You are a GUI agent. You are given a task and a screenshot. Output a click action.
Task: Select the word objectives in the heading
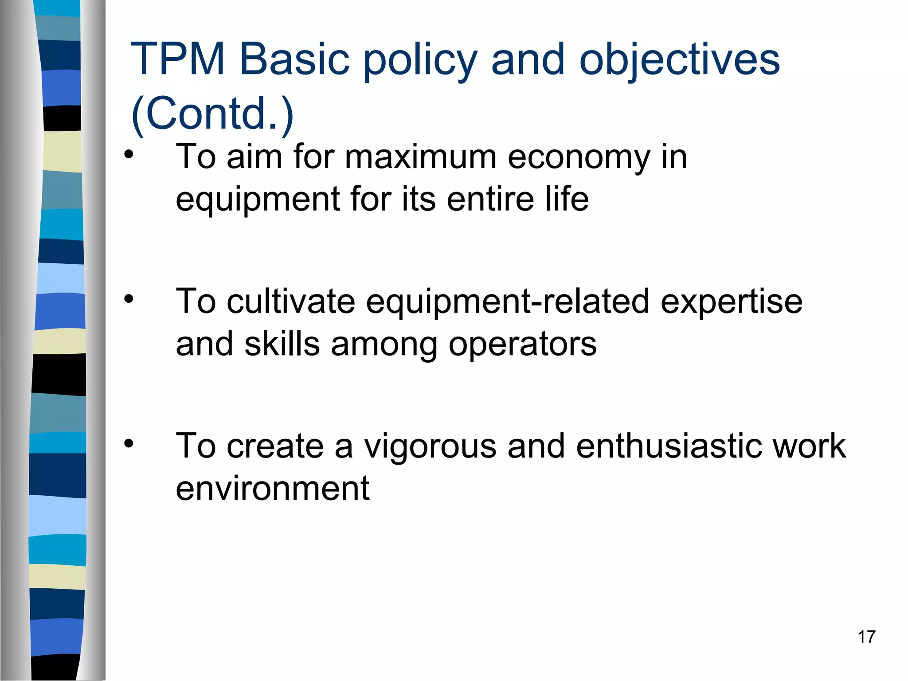coord(679,60)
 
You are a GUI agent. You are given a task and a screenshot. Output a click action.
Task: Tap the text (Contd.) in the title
coord(212,113)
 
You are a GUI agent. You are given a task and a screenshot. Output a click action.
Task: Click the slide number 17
coord(866,637)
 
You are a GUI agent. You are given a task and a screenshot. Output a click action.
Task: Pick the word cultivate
coord(291,301)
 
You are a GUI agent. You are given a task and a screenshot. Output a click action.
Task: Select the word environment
coord(272,488)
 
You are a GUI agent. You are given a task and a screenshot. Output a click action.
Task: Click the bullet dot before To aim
coord(129,155)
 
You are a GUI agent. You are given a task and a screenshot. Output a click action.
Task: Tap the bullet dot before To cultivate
coord(129,299)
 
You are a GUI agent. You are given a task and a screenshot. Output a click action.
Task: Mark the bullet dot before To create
coord(129,443)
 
